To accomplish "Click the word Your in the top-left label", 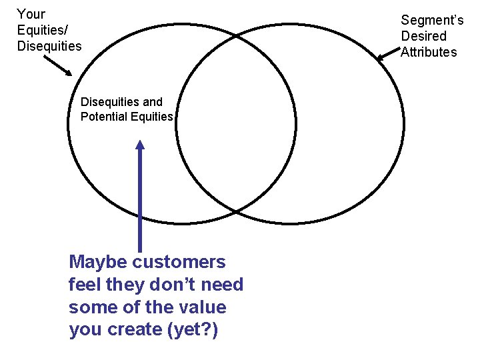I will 31,14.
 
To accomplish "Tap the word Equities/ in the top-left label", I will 42,30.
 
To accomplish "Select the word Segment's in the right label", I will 432,21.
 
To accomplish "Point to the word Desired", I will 423,36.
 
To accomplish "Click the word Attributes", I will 429,52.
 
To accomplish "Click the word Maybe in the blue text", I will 99,262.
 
